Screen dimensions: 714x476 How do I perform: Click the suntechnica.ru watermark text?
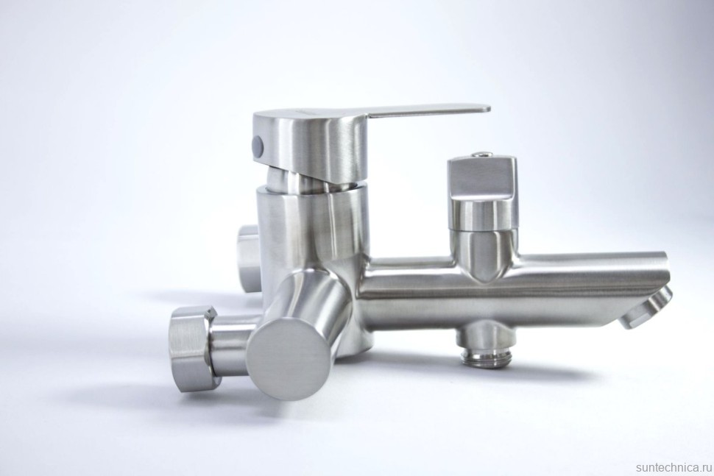point(674,468)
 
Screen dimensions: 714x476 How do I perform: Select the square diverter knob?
point(482,177)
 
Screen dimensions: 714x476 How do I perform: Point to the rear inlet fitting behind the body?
point(247,257)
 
